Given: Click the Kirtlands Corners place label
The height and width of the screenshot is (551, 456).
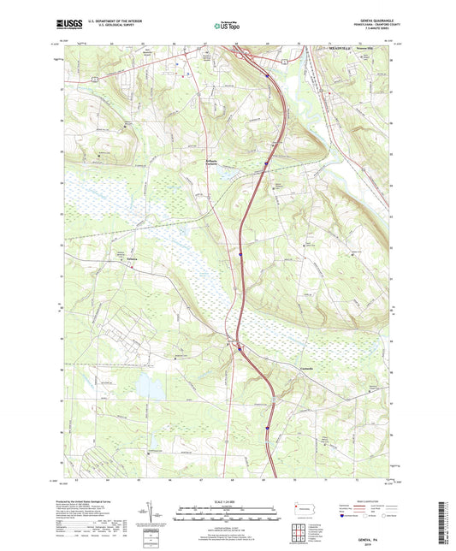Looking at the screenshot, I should pyautogui.click(x=215, y=160).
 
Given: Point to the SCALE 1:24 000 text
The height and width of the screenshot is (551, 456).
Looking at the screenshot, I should pyautogui.click(x=228, y=501).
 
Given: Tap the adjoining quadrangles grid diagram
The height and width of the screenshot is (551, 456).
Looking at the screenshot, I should pyautogui.click(x=296, y=533).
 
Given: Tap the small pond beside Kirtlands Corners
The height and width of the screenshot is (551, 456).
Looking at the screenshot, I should pyautogui.click(x=228, y=171).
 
